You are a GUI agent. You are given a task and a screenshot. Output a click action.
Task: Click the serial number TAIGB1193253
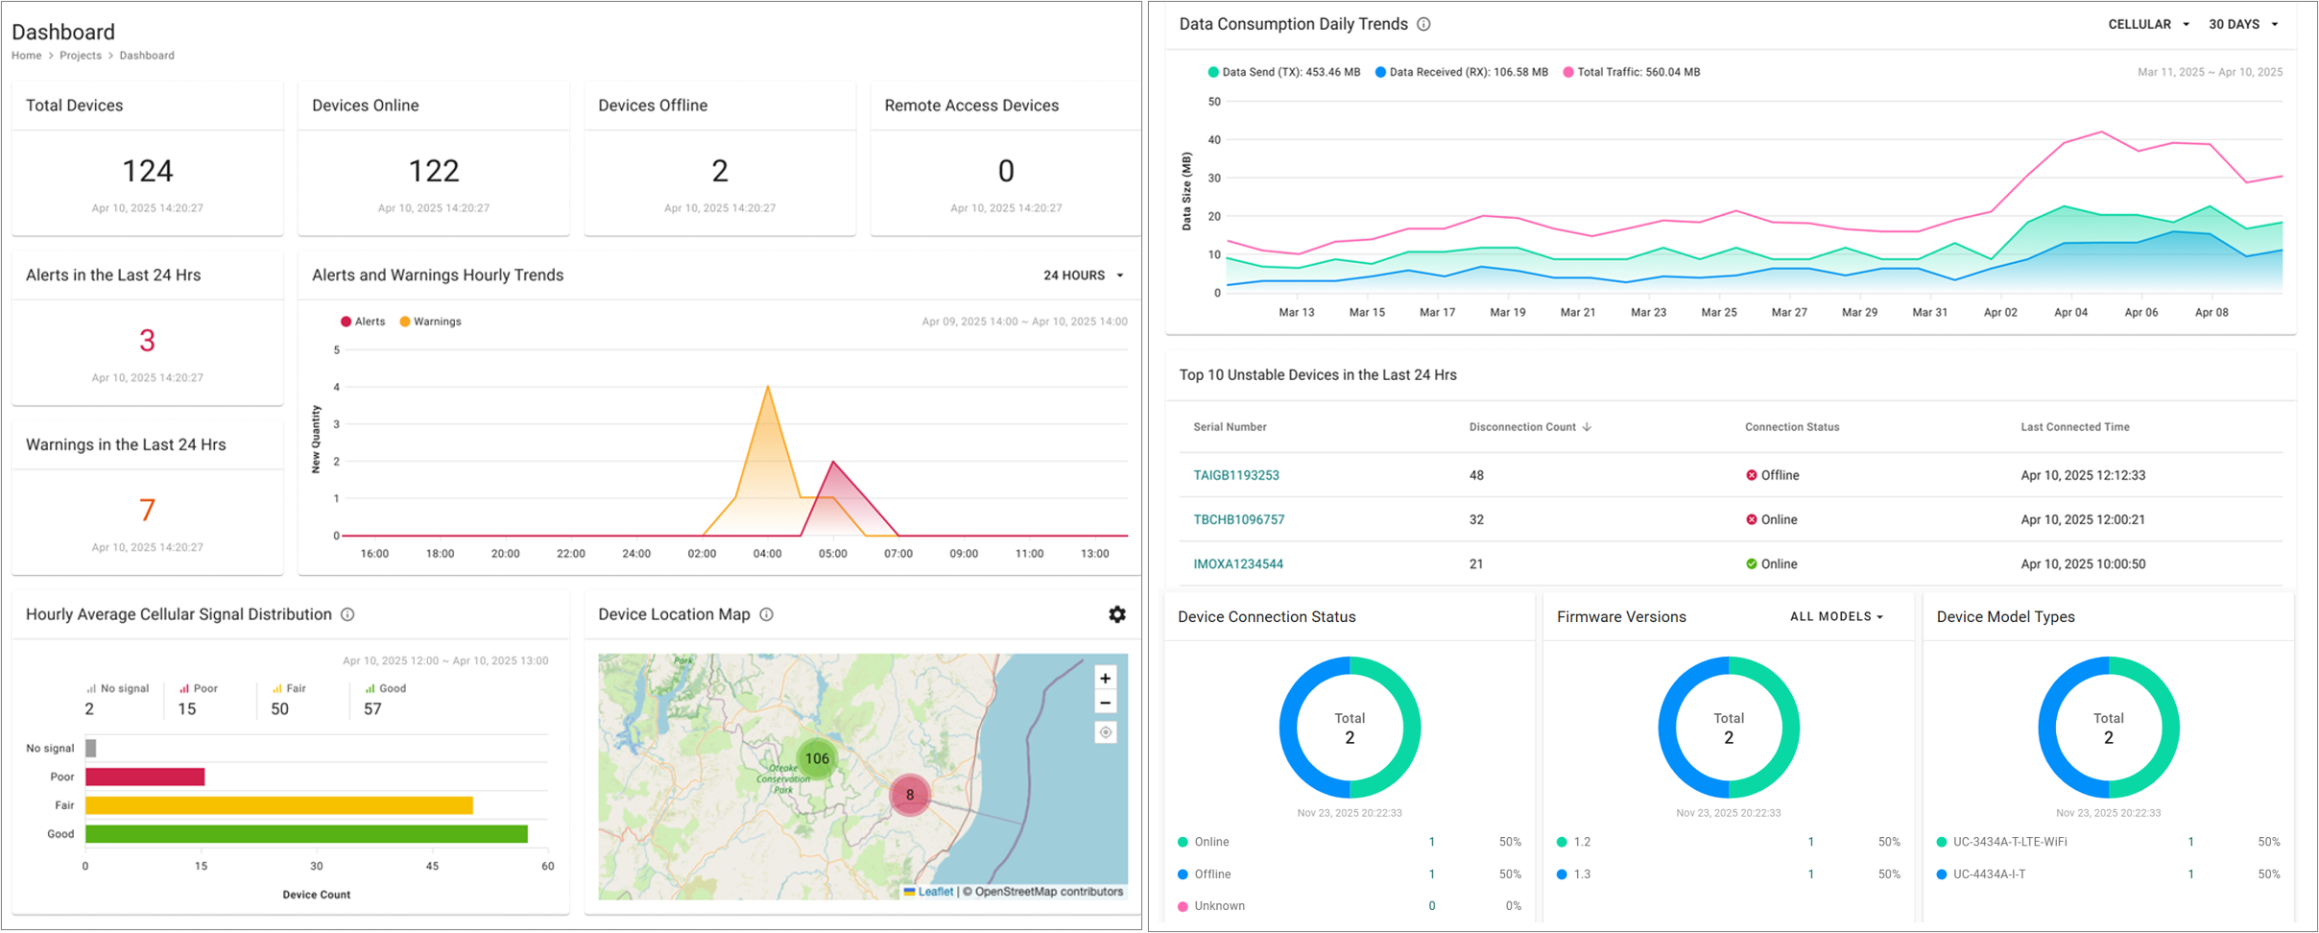[1235, 475]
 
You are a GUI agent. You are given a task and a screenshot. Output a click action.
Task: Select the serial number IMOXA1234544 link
[1237, 564]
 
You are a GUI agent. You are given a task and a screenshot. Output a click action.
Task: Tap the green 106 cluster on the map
[817, 758]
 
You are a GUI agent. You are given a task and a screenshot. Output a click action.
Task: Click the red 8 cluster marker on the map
[909, 795]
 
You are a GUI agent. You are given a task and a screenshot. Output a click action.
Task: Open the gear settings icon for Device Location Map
[1116, 614]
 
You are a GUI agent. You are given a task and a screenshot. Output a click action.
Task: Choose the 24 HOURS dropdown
[1083, 275]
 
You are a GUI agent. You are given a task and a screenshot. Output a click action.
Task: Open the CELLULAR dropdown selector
[2148, 24]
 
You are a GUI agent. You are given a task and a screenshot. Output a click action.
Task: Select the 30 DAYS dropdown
[2242, 24]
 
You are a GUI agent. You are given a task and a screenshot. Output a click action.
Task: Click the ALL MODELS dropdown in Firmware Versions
[1836, 616]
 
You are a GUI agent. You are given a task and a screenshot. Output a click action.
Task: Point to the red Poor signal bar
[145, 777]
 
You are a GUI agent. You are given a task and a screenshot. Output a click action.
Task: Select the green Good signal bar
[306, 834]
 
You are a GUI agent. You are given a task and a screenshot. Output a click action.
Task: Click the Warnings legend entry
[430, 322]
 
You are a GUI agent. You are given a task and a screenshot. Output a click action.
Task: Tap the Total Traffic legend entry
[1632, 72]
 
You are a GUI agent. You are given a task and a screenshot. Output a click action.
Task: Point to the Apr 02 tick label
[2000, 312]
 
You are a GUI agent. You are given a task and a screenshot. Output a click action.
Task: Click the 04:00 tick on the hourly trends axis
[767, 554]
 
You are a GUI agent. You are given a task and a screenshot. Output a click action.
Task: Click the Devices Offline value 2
[720, 171]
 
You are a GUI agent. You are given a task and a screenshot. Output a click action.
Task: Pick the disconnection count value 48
[1476, 475]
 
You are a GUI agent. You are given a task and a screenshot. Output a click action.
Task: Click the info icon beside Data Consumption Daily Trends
[1423, 24]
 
